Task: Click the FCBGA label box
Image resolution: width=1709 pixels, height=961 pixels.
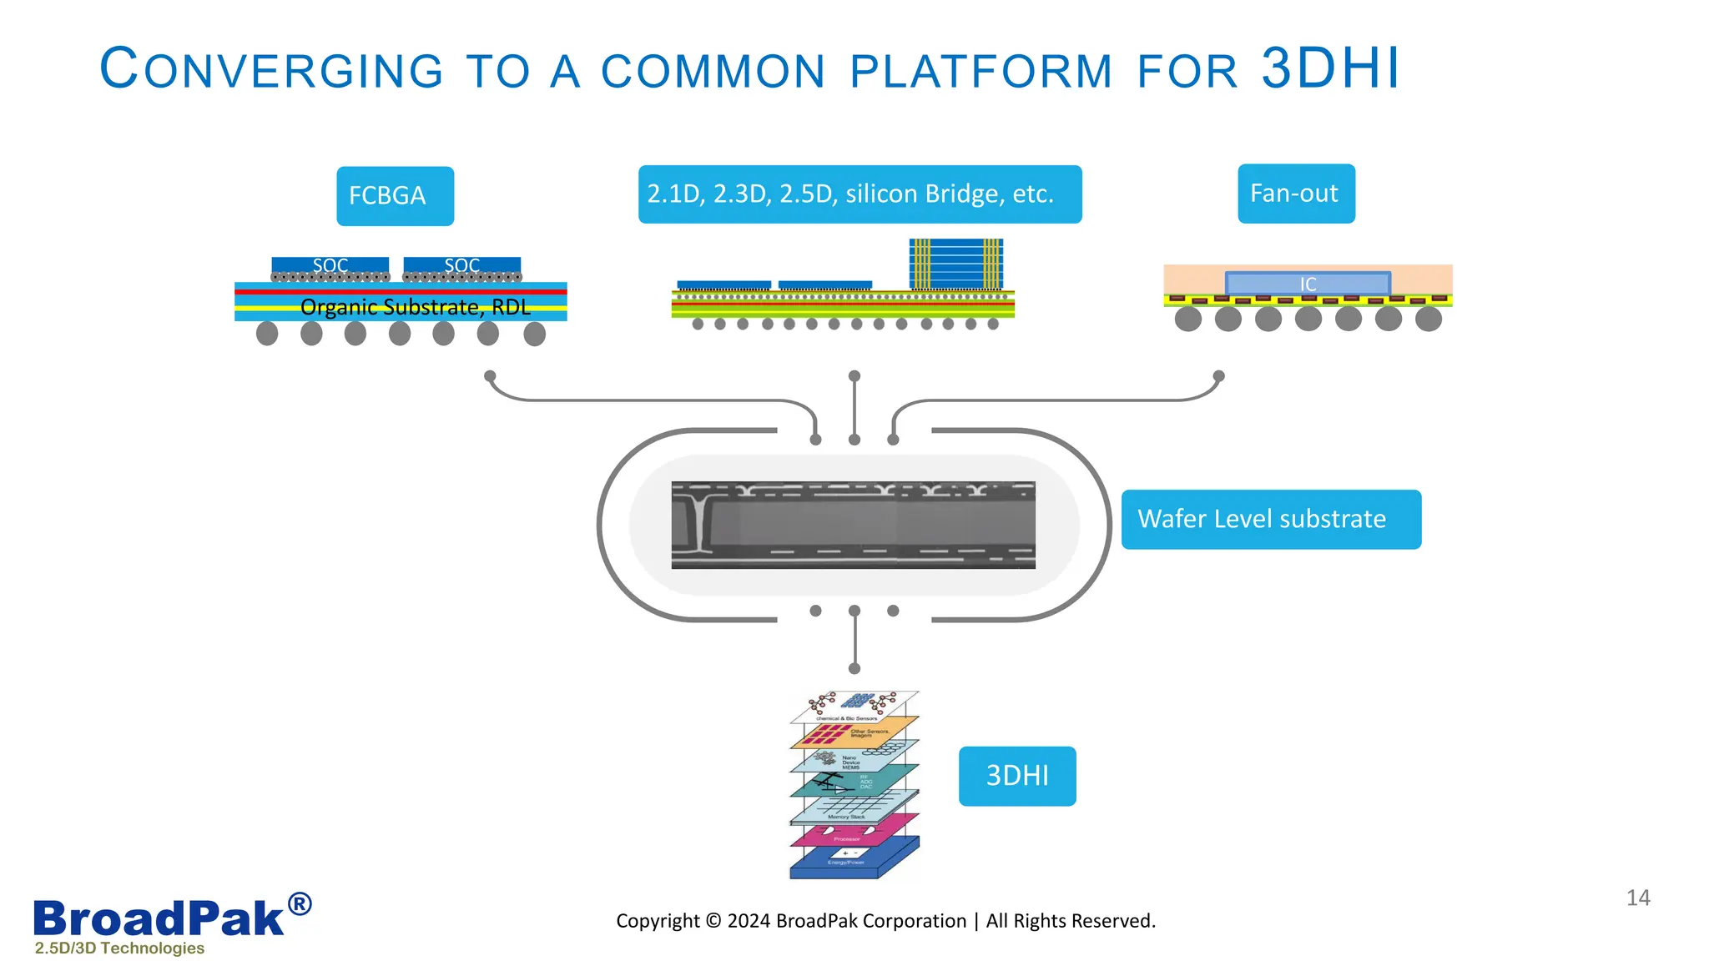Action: coord(395,196)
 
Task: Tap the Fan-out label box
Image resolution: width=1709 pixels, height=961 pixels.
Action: coord(1295,194)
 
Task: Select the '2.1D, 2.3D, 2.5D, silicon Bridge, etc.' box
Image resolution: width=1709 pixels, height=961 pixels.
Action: coord(860,194)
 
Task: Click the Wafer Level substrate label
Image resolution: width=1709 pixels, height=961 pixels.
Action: coord(1270,519)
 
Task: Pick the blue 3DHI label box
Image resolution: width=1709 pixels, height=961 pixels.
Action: coord(1016,776)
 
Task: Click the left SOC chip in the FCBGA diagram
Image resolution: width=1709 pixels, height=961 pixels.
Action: coord(330,264)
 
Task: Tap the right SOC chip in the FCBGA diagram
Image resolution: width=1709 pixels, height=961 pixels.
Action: coord(461,264)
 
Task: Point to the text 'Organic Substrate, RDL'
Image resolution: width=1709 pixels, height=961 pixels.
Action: coord(415,307)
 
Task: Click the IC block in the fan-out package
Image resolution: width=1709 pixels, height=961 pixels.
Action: coord(1308,284)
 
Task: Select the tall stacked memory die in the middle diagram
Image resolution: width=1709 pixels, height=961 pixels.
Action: coord(955,264)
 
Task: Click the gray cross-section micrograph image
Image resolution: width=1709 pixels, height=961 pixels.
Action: coord(853,525)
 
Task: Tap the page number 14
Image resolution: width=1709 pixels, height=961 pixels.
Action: coord(1637,898)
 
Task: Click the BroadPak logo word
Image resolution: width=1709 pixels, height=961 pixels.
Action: coord(159,918)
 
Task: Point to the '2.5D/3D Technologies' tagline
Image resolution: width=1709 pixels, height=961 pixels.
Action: coord(119,948)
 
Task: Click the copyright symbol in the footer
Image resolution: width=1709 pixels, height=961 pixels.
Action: coord(713,920)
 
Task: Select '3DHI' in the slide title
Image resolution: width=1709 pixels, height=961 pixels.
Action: coord(1329,68)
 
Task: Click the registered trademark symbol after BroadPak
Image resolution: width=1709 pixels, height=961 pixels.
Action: coord(300,904)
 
